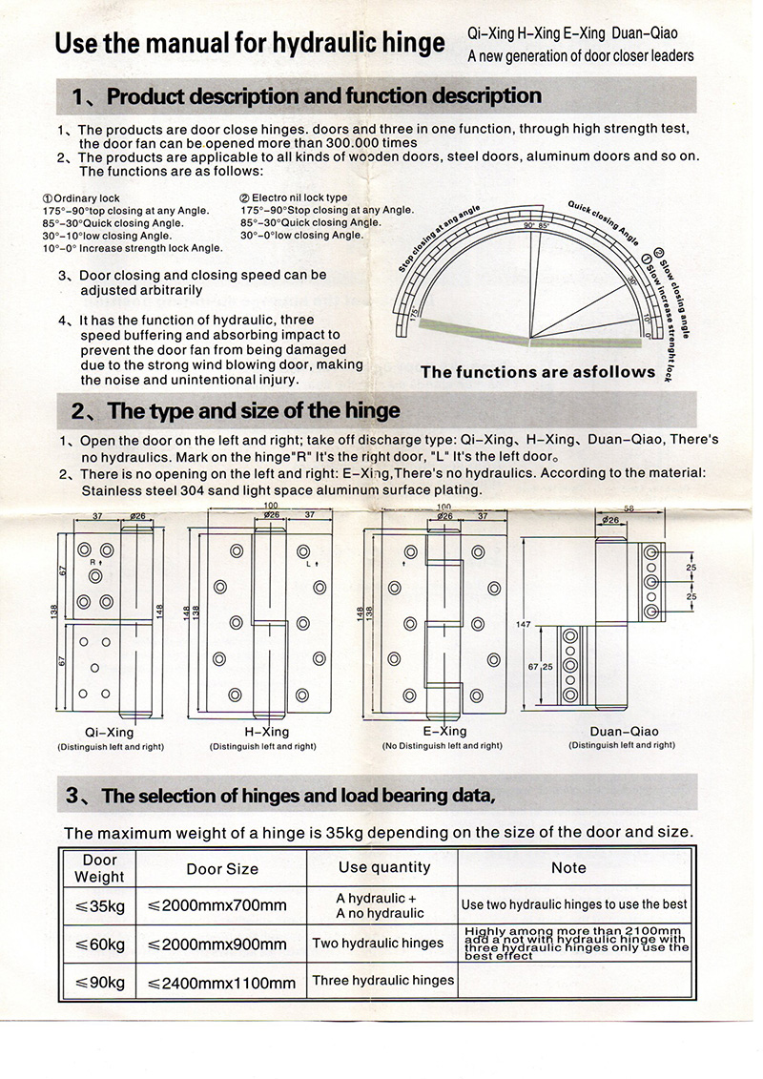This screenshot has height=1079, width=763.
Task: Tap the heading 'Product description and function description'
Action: [x=323, y=96]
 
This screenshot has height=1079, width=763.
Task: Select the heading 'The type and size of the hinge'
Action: [x=254, y=411]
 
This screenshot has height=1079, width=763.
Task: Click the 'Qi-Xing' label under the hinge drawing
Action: [x=109, y=732]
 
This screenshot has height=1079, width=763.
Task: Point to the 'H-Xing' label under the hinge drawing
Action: [x=266, y=732]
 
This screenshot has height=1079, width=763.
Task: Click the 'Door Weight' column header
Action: [x=99, y=868]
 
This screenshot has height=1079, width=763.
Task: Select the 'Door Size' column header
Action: [x=222, y=868]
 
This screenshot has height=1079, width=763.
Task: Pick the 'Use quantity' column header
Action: [x=383, y=867]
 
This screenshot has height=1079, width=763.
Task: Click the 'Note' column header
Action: [x=568, y=867]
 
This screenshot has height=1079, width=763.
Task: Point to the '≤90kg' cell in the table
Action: [x=100, y=982]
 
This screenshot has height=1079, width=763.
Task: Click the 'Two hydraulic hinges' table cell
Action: [x=378, y=943]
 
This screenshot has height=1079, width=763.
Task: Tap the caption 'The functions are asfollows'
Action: [x=538, y=372]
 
